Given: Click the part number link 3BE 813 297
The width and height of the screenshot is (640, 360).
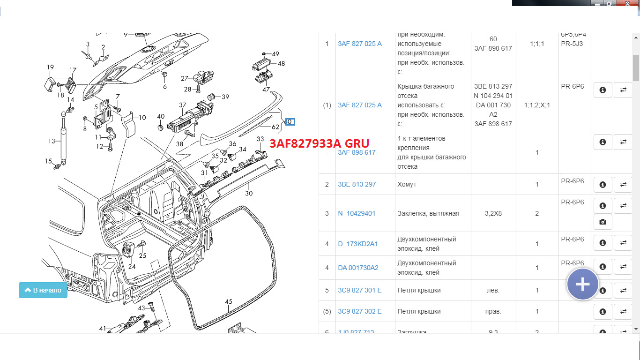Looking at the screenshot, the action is pos(357,184).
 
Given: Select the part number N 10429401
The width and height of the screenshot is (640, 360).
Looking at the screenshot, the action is pos(357,213).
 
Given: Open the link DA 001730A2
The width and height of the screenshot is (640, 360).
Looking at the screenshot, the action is pos(358,268).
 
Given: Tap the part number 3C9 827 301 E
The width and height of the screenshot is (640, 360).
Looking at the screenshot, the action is pos(359,290).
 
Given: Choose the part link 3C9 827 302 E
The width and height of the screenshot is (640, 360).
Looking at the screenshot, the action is pos(359,311).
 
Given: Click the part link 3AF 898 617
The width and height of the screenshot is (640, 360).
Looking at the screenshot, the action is pos(357,152).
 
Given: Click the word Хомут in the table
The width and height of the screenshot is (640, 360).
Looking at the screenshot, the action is pos(407,184).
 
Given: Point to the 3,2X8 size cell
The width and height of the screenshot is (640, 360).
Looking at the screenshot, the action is pos(492,213).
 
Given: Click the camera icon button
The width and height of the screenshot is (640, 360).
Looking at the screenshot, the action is pos(603,222).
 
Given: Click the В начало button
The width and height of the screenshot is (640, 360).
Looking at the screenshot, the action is pos(43,290).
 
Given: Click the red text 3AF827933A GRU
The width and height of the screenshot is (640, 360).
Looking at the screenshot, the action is pos(319,143).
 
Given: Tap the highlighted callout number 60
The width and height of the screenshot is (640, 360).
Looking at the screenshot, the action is pos(290,122).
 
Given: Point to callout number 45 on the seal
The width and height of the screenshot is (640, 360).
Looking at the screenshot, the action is pos(229,302).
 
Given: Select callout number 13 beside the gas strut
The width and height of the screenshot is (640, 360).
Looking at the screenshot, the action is pos(52,141).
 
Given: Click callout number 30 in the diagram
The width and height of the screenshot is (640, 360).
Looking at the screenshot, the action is pos(249,193).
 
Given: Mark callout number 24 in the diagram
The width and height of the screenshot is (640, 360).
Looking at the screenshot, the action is pos(132,266).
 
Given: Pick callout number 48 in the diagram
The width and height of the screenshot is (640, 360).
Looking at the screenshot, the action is pos(281,63).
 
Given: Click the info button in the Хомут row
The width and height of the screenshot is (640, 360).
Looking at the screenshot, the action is pos(603,184).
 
